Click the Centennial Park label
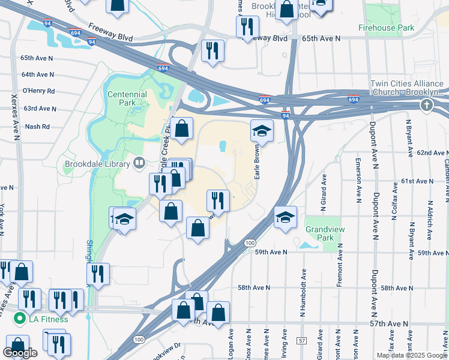tap(127, 99)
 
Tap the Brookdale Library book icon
tap(140, 163)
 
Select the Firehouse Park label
tap(386, 28)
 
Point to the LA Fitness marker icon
tap(20, 319)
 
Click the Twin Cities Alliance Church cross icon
tap(426, 106)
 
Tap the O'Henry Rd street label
tap(38, 91)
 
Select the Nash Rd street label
tap(37, 127)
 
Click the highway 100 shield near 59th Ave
tap(250, 242)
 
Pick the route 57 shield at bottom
tap(301, 341)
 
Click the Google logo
tap(20, 353)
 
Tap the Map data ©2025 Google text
tap(412, 355)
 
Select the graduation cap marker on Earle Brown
tap(262, 130)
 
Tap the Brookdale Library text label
tap(98, 164)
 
